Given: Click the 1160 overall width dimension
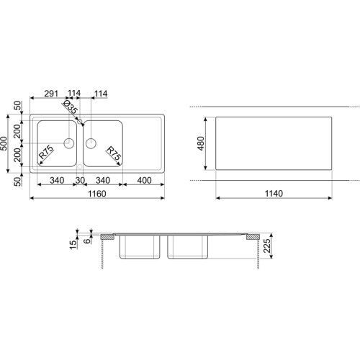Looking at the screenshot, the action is tap(97, 194).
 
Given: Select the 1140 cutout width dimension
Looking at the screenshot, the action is tap(274, 194).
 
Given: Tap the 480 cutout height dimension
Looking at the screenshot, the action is tap(201, 143).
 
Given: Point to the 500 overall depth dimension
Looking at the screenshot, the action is tap(4, 143).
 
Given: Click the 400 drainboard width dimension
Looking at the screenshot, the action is tap(144, 181).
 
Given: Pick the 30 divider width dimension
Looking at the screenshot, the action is tap(80, 181).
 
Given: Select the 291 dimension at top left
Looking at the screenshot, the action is tap(51, 94).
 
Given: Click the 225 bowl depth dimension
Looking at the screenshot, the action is tap(267, 246).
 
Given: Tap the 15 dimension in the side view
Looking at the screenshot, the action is tap(73, 244).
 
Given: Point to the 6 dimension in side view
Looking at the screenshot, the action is tap(88, 240).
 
